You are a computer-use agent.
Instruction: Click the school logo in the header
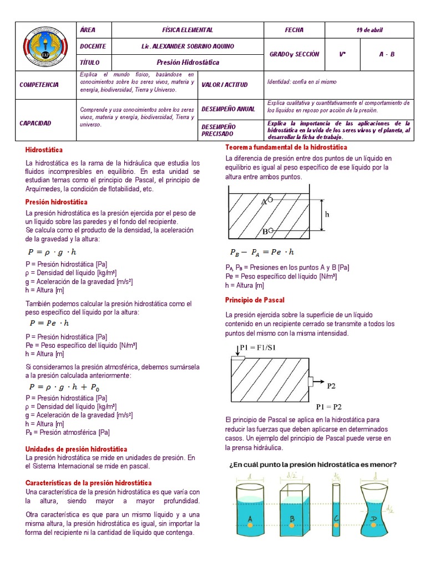pos(44,46)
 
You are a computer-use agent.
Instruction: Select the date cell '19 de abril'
pos(370,30)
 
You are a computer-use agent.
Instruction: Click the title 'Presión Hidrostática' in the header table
pos(187,63)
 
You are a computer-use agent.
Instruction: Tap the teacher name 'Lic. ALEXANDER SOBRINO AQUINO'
pos(187,47)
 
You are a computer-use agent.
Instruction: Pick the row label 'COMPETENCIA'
pos(39,85)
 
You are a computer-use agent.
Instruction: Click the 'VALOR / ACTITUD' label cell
pos(224,85)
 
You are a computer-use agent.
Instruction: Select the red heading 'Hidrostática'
pos(44,150)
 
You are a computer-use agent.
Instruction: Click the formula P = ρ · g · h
pos(52,252)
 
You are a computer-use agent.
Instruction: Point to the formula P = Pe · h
pos(49,323)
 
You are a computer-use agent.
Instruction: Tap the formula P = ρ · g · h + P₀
pos(64,387)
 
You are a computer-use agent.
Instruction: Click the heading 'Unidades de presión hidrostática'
pos(77,449)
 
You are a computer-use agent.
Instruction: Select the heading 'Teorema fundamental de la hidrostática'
pos(286,147)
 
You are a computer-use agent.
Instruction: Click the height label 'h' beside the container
pos(327,214)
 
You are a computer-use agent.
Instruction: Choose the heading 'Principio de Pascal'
pos(255,300)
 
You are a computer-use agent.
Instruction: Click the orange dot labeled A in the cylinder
pos(251,525)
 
